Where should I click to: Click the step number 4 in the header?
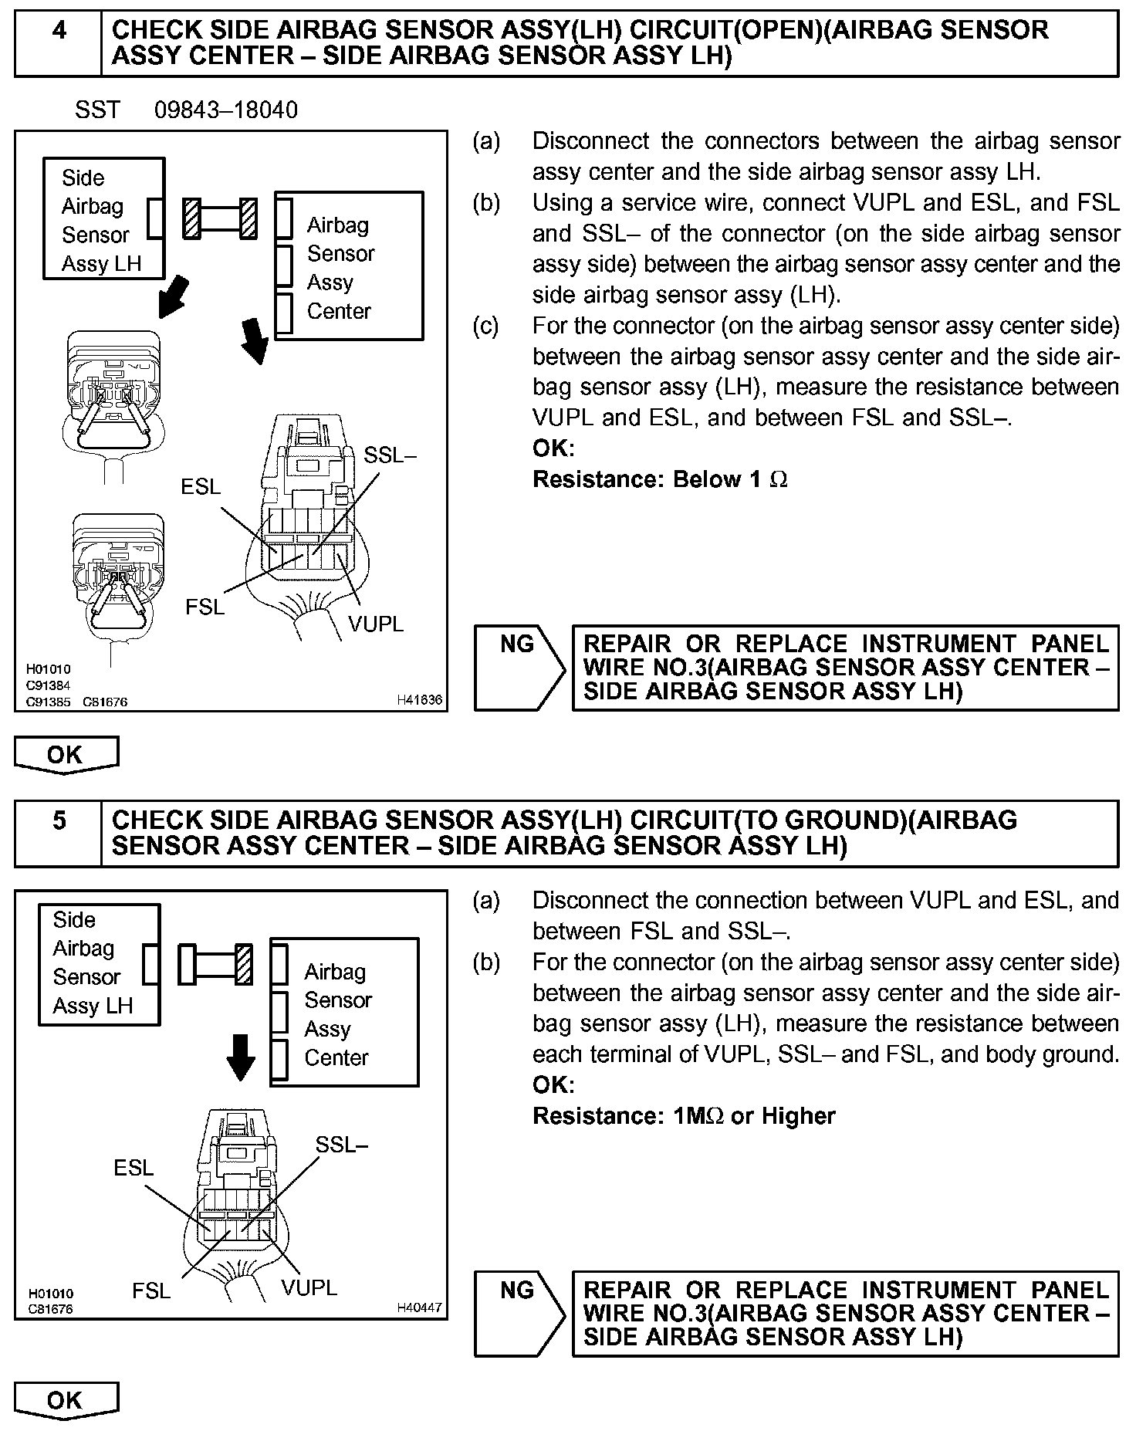point(59,31)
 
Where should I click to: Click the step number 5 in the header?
point(59,820)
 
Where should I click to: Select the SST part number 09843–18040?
point(226,110)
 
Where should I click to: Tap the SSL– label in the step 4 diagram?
point(390,456)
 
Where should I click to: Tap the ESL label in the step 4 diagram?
point(201,487)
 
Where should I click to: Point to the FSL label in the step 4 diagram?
point(205,607)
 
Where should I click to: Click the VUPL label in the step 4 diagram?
point(376,624)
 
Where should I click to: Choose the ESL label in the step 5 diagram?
point(134,1168)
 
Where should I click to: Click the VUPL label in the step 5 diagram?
point(309,1287)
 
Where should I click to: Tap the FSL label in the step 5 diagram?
point(151,1291)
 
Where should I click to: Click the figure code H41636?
point(420,700)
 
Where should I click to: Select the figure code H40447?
point(420,1308)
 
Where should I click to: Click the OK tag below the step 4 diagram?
point(66,754)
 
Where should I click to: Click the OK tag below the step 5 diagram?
point(66,1400)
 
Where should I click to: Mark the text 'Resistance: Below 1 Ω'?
point(660,479)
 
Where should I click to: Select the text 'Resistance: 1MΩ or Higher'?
point(684,1116)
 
